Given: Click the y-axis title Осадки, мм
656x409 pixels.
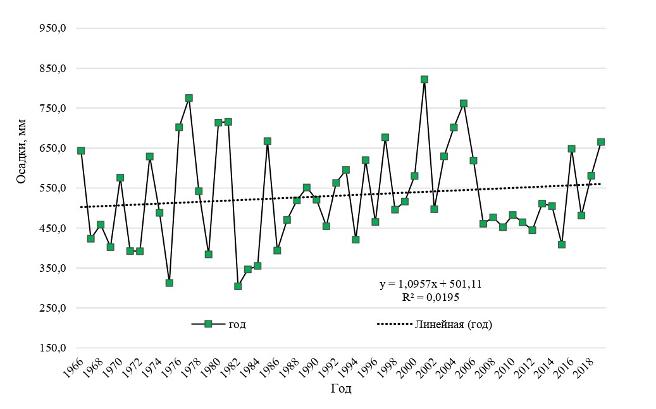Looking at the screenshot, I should coord(22,149).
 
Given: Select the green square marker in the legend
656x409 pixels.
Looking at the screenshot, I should coord(208,324).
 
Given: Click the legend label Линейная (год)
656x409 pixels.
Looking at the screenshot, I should coord(453,324).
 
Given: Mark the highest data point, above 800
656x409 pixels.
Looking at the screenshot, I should coord(424,80).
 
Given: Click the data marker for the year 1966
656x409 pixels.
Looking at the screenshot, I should coord(81,150).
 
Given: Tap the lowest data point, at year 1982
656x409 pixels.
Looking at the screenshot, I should coord(238,286).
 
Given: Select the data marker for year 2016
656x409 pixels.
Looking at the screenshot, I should coord(571,149).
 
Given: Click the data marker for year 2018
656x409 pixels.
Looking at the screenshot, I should coord(591,176).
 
